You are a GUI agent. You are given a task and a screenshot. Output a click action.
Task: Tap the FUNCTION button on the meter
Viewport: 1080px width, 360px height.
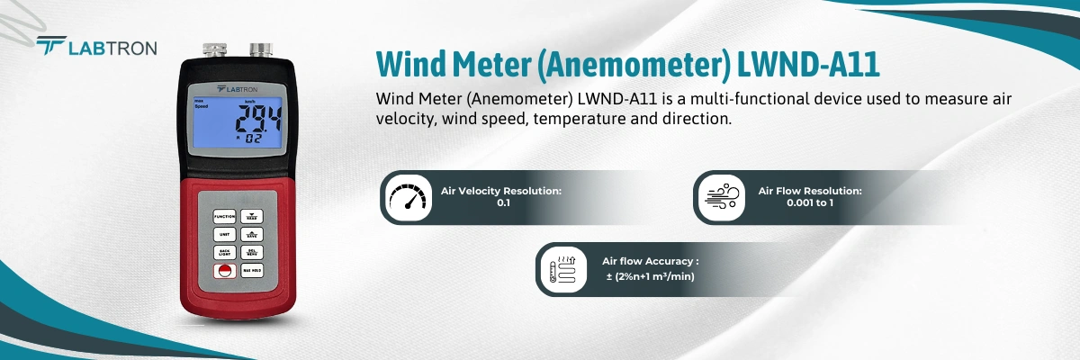[x=225, y=216]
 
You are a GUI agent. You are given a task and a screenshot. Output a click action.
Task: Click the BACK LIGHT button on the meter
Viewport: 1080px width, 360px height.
[x=225, y=253]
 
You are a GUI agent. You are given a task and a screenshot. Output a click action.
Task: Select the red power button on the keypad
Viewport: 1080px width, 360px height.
[x=225, y=272]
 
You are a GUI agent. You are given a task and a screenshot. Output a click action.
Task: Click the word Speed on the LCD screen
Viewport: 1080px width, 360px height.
[x=202, y=107]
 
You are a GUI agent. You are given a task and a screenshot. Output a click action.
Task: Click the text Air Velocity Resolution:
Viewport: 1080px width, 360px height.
[x=501, y=191]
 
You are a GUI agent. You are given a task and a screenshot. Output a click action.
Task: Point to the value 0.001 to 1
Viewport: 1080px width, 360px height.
[x=810, y=203]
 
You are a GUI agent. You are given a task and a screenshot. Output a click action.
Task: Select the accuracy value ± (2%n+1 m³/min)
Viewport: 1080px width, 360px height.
[x=650, y=275]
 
